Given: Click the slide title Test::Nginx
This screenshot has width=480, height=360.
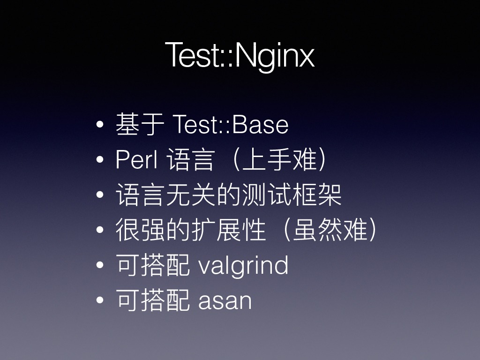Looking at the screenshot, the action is coord(240,55).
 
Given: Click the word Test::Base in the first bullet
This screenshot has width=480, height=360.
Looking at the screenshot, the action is coord(231,125).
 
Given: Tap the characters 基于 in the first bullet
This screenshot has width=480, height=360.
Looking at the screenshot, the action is coord(140,124).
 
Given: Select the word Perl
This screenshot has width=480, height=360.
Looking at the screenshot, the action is coord(136,159).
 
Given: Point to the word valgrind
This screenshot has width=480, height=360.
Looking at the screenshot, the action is coord(243,265).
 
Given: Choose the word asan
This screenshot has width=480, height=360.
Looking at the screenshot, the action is coord(225,301).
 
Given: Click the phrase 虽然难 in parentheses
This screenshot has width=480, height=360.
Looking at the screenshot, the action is coord(330,230).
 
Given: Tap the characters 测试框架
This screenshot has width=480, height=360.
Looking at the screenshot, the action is coord(292,195).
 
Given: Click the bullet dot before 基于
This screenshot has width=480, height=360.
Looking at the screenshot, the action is coord(100,125).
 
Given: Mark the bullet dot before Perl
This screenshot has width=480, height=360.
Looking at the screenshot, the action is coord(100,159).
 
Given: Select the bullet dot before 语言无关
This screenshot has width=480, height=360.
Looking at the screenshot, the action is coord(100,195).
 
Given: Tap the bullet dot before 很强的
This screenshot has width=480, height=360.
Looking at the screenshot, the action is coord(100,230).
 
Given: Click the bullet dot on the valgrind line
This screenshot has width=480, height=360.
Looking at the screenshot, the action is coord(100,265).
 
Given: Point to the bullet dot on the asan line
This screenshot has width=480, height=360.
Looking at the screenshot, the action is coord(100,300).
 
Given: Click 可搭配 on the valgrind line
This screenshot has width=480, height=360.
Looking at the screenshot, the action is coord(153,265).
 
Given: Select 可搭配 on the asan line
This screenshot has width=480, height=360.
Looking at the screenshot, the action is coord(153,300).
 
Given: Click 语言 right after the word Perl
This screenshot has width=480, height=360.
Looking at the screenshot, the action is coord(190,159).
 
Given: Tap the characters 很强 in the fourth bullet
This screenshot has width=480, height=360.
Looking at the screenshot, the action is coord(141,230).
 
